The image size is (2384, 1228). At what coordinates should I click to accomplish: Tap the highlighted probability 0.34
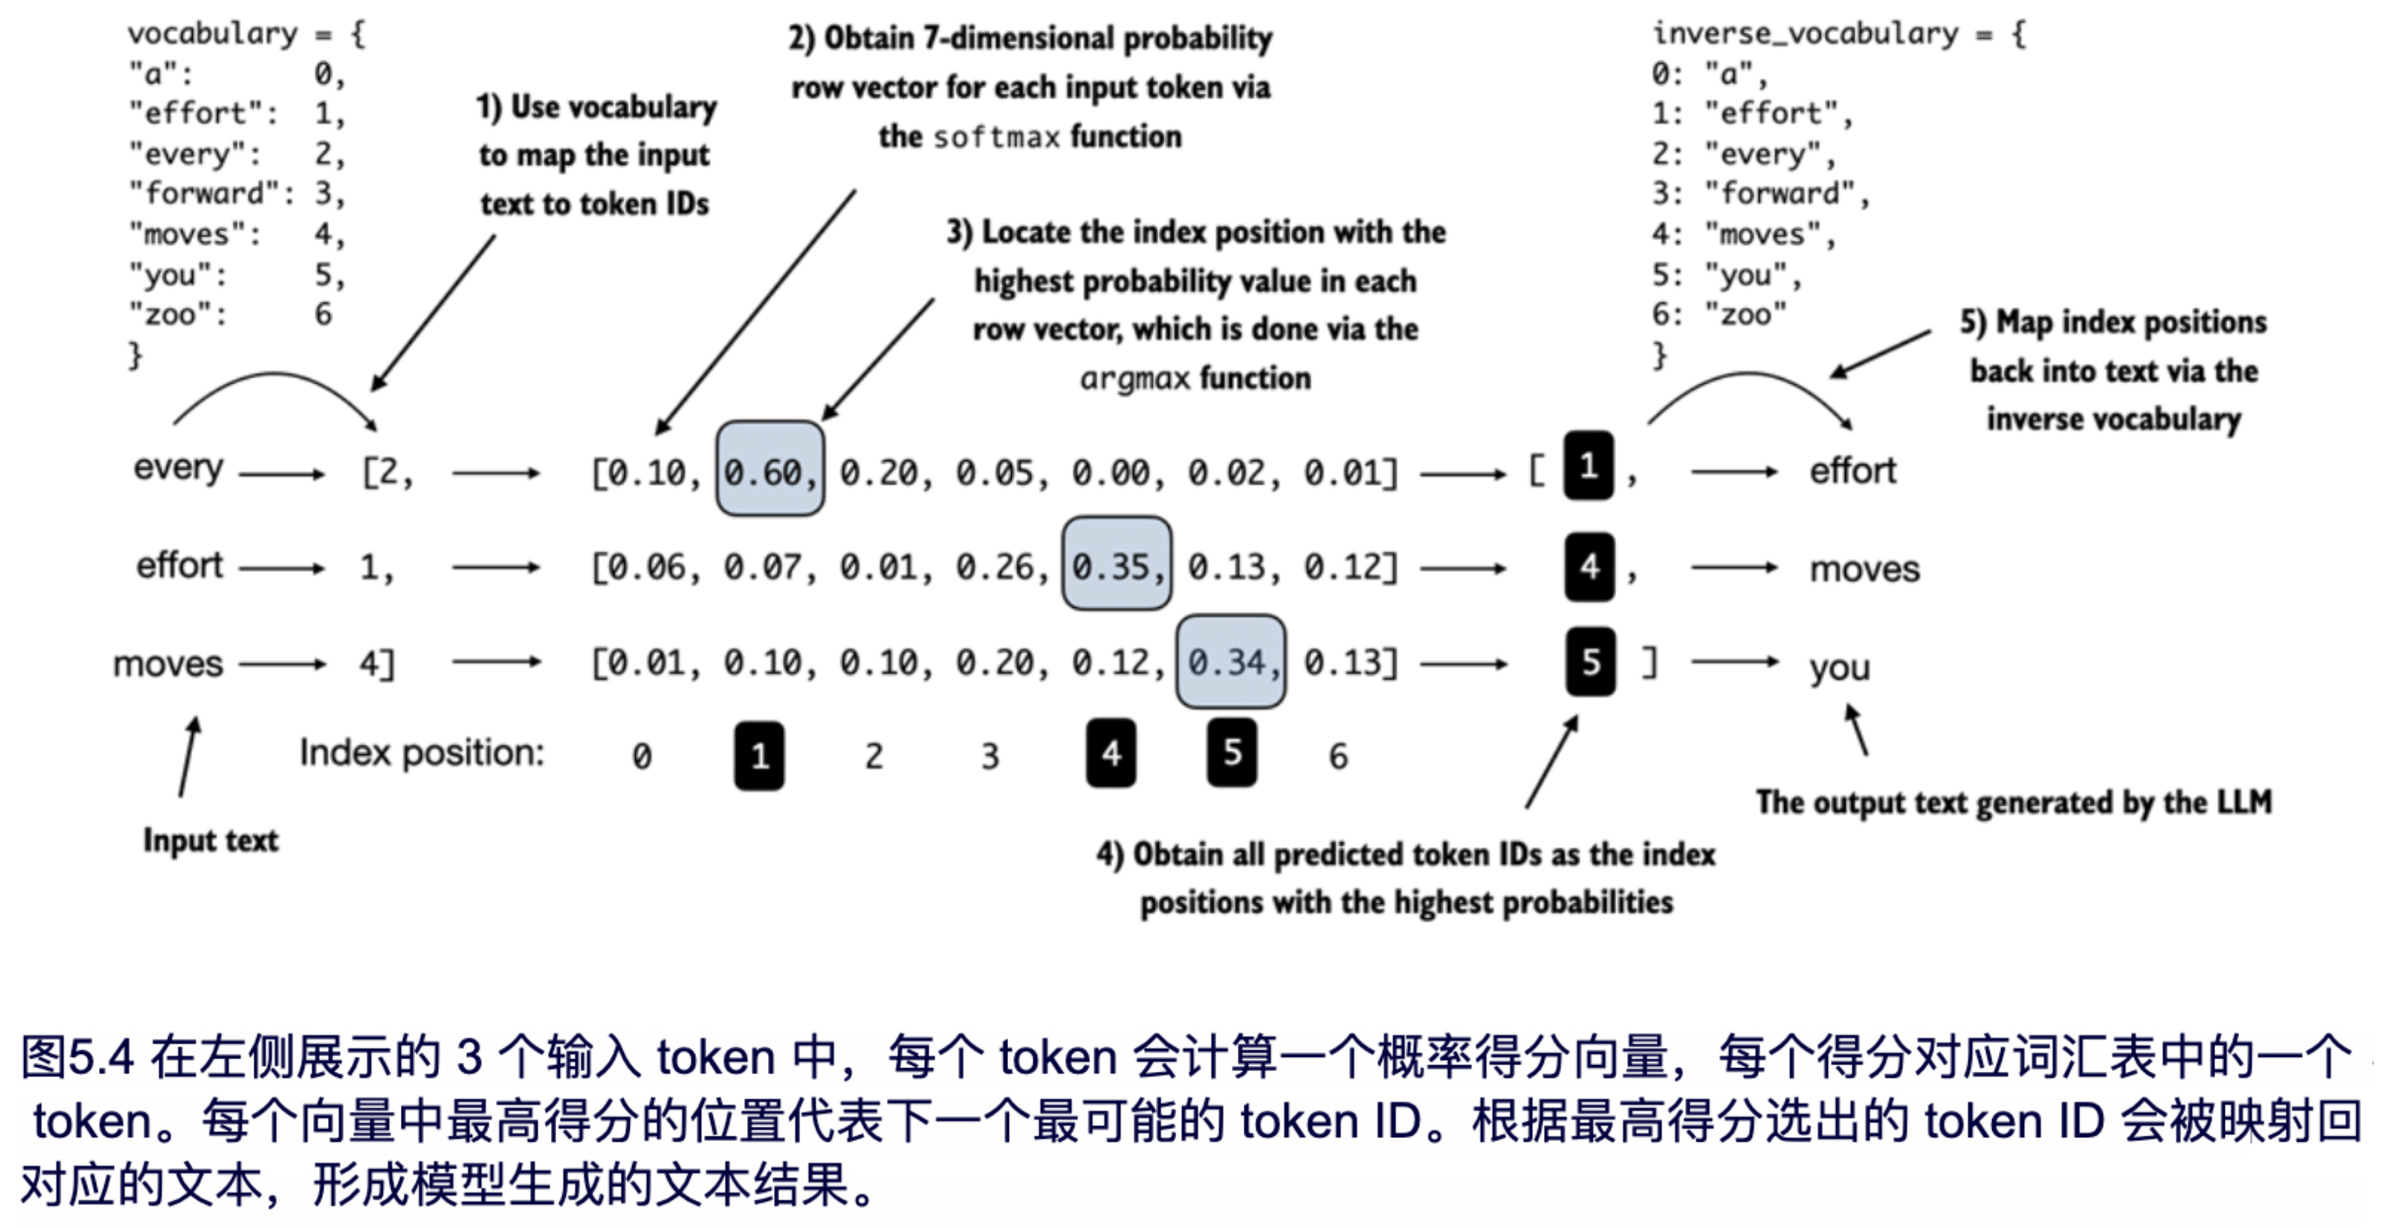pos(1230,661)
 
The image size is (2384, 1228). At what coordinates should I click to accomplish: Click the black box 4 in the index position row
pos(1111,754)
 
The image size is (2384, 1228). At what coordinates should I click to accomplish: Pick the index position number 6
pos(1338,756)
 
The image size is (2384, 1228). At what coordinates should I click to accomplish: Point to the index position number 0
pos(641,756)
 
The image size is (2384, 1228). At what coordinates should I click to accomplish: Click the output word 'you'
pos(1840,667)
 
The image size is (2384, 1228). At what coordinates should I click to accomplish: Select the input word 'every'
pos(178,468)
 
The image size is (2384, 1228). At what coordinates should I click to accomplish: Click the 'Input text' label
pos(210,839)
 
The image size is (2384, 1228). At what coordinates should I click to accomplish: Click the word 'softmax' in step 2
pos(996,137)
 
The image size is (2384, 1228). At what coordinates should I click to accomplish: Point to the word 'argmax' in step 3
pos(1135,378)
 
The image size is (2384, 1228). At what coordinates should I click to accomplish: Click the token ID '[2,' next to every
pos(387,473)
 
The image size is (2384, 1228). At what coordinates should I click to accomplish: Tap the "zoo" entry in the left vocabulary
pos(176,315)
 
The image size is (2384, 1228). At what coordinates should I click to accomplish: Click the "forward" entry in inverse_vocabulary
pos(1780,194)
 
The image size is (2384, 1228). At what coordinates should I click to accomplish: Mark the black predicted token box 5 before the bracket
pos(1590,661)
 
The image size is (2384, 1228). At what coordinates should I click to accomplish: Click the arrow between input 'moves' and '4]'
pos(282,664)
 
